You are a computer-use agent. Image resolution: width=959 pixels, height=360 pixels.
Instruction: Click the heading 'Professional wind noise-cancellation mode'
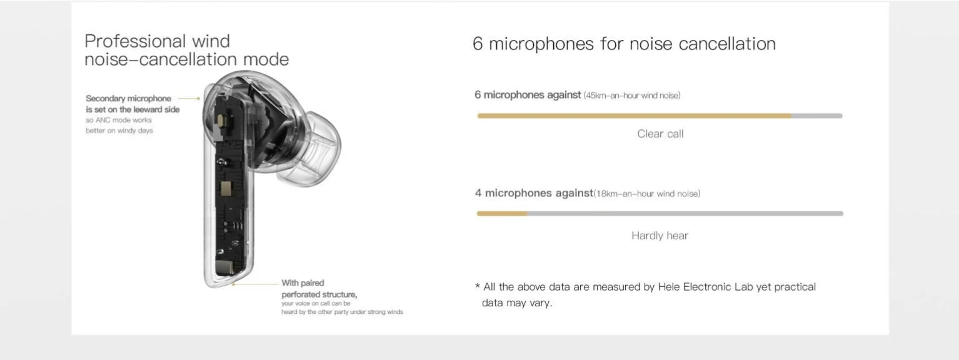[x=187, y=50]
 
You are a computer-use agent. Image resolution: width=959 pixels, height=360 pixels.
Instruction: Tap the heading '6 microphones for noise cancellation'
[x=624, y=44]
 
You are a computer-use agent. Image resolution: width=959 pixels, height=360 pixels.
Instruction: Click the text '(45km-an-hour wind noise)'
[x=632, y=96]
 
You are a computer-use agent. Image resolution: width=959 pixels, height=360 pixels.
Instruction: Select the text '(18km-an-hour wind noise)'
[x=647, y=194]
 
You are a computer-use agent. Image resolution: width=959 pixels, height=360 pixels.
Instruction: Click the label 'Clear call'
[x=660, y=134]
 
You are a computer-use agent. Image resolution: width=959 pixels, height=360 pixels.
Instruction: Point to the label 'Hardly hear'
[x=660, y=236]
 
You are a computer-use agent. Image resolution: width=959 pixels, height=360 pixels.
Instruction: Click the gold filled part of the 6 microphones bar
[x=635, y=116]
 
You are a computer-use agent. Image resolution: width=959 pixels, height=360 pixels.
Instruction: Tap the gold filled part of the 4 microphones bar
[x=502, y=214]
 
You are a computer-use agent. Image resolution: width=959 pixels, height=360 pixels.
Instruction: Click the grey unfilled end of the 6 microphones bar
[x=817, y=116]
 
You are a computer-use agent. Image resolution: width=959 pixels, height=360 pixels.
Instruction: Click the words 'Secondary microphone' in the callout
[x=128, y=99]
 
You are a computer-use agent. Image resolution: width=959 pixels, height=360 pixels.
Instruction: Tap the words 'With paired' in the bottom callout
[x=303, y=283]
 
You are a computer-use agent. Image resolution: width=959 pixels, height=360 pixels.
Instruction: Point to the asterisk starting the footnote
[x=478, y=286]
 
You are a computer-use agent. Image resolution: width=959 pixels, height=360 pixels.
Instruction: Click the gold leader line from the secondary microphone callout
[x=189, y=99]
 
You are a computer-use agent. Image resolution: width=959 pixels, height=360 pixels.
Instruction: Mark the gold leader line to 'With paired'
[x=255, y=284]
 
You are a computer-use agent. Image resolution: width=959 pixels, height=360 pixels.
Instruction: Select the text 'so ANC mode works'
[x=119, y=120]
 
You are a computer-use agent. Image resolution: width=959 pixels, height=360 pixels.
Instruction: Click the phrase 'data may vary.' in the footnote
[x=517, y=303]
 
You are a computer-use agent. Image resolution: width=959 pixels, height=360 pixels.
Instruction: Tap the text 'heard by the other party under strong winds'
[x=342, y=312]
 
